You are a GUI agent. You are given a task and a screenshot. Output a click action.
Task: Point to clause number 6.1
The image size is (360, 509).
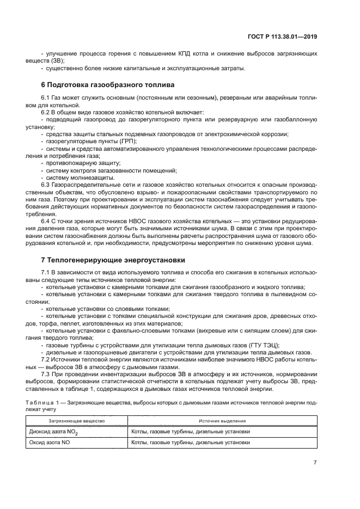point(46,97)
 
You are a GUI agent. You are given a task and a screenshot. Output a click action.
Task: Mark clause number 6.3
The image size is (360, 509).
point(46,185)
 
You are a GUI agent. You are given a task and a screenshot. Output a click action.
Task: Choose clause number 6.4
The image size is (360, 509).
point(46,220)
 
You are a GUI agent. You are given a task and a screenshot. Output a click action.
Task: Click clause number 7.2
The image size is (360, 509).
point(46,360)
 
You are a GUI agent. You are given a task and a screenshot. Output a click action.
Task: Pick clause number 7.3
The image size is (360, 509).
point(46,374)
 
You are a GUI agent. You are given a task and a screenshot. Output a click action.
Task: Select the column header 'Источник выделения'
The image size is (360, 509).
point(221,421)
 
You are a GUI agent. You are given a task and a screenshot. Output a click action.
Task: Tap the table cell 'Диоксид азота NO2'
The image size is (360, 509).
point(54,432)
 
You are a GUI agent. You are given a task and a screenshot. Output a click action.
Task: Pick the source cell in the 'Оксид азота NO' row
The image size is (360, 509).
point(191,443)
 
